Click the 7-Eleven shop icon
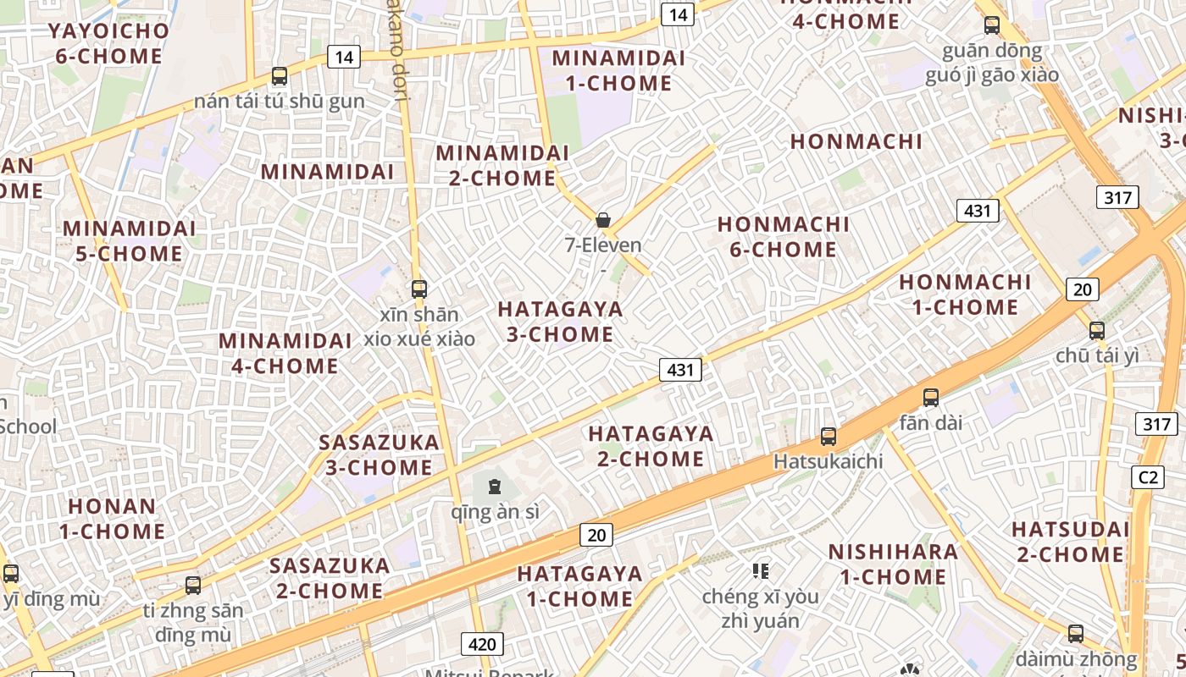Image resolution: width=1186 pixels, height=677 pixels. [x=603, y=221]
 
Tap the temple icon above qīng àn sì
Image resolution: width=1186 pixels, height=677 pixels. [x=495, y=486]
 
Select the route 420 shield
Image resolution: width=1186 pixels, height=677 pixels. [x=482, y=644]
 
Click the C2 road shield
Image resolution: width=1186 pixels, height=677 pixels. [x=1148, y=477]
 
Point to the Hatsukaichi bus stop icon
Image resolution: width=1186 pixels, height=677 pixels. [x=829, y=437]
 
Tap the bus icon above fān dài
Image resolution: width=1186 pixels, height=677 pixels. [x=931, y=397]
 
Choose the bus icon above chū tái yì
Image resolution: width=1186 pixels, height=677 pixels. [x=1097, y=330]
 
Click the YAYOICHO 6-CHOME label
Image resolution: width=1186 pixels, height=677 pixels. [x=108, y=44]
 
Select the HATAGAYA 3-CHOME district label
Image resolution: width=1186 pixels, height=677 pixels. [x=560, y=322]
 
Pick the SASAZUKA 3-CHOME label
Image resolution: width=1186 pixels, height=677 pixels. [x=379, y=454]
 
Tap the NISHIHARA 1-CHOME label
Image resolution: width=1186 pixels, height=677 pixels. [x=893, y=564]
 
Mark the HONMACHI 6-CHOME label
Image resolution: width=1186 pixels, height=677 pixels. [x=783, y=237]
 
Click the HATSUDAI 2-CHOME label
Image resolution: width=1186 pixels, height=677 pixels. [x=1070, y=542]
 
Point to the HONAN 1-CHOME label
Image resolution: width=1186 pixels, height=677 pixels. [x=112, y=519]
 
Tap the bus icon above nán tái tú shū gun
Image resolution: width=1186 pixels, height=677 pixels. [x=280, y=76]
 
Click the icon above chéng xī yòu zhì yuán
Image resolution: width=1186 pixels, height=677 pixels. [x=760, y=571]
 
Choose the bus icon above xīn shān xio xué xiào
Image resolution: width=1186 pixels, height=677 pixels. [x=418, y=289]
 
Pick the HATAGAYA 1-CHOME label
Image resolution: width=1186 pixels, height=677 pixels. [x=579, y=586]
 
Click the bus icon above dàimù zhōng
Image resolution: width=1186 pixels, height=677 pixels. [x=1076, y=633]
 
